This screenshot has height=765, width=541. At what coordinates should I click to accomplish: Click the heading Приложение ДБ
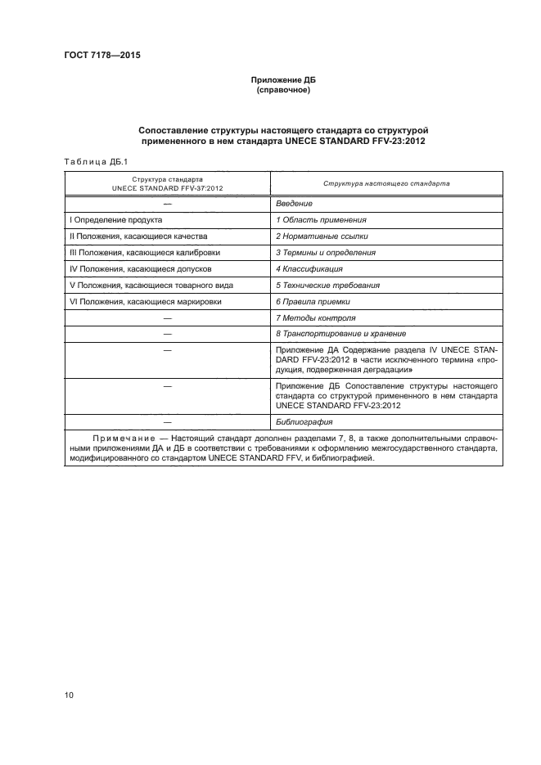click(x=282, y=81)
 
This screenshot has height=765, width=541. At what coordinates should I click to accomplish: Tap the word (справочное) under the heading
click(x=282, y=91)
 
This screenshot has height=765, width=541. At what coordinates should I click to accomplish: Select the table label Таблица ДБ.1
click(x=91, y=161)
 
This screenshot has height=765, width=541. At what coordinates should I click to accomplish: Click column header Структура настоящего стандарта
click(x=386, y=183)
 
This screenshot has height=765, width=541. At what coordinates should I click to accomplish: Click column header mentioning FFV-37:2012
click(x=167, y=183)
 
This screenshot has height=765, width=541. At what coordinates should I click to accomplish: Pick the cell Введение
click(x=294, y=203)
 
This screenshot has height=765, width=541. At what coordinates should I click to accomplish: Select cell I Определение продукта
click(x=115, y=220)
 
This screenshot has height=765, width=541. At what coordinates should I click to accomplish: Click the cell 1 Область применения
click(x=320, y=220)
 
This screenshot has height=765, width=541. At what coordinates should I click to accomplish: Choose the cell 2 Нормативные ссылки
click(x=322, y=236)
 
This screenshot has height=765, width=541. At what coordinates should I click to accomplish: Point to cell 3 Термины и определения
click(x=326, y=253)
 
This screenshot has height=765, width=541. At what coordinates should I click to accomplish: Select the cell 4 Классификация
click(x=309, y=269)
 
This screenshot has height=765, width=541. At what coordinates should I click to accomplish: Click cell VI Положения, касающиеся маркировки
click(x=141, y=302)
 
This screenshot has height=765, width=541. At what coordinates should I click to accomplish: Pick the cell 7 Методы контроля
click(x=315, y=317)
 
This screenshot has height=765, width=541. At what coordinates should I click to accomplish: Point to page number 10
click(x=70, y=695)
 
